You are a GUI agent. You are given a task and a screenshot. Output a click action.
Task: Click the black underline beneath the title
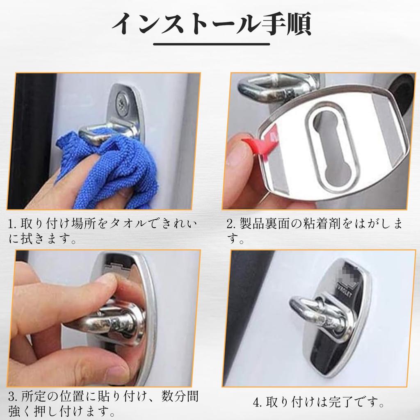(211, 44)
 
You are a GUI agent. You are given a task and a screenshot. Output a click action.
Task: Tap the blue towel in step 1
(111, 164)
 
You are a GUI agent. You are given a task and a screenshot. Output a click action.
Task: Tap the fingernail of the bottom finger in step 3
(117, 372)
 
